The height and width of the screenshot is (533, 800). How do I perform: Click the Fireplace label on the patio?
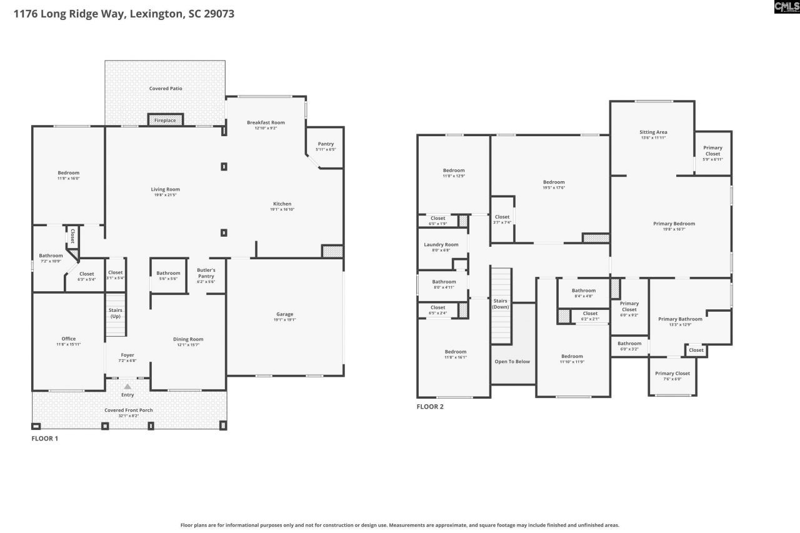pos(165,121)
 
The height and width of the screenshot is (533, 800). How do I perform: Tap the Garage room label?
pos(285,314)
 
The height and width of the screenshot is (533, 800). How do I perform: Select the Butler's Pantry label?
pos(206,273)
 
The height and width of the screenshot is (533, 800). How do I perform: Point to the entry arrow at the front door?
pos(127,387)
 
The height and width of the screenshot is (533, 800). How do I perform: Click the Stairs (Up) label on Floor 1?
pos(116,313)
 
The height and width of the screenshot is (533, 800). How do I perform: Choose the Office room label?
pos(68,339)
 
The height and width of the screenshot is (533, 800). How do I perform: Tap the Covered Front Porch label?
pos(128,410)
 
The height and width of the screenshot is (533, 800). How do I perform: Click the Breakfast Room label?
pos(266,122)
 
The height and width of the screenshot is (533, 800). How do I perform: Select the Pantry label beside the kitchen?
pos(326,144)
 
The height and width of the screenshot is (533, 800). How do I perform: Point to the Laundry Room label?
pos(441,245)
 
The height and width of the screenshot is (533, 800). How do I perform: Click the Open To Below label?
pos(512,362)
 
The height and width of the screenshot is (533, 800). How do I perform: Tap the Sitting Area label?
pos(653,132)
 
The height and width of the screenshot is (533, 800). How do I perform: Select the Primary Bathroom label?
pos(680,319)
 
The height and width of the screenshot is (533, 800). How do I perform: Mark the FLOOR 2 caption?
pos(430,407)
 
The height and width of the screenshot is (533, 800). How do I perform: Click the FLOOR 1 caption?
pos(45,439)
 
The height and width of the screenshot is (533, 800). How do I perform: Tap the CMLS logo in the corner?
pos(786,7)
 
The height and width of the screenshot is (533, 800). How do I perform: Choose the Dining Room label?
pos(188,339)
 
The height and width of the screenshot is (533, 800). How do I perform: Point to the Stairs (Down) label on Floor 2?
pos(500,304)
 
